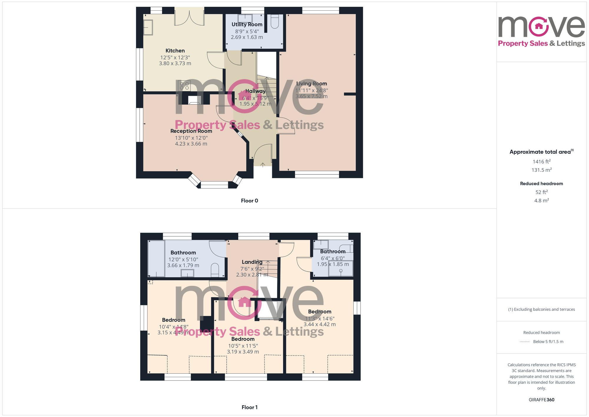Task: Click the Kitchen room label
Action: [175, 51]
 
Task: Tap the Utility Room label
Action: [247, 24]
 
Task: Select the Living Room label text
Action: [312, 84]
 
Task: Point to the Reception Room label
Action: [191, 131]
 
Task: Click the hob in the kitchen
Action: [184, 86]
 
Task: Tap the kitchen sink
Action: [148, 27]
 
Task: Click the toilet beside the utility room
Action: [274, 21]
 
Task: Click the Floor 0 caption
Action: [249, 201]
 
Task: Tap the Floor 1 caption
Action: [249, 407]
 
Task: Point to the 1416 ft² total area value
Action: [541, 161]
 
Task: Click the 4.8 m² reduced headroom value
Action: [541, 201]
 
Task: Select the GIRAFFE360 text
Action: [541, 400]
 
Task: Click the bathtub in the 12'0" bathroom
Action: [156, 258]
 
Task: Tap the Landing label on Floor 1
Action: [252, 262]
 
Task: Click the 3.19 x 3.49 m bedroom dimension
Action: [243, 352]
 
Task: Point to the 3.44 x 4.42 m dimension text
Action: [320, 324]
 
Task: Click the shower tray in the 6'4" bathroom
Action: [341, 268]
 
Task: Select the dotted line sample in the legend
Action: [525, 342]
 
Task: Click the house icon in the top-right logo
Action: [539, 26]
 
